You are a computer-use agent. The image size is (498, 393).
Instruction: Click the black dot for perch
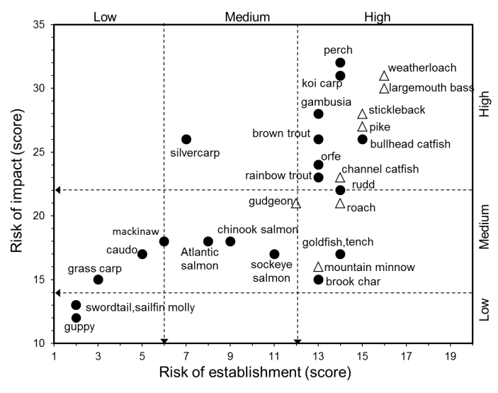340,63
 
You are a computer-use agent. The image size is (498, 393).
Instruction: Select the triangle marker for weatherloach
384,76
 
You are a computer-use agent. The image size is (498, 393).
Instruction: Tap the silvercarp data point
186,139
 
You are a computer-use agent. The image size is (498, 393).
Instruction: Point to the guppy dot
76,318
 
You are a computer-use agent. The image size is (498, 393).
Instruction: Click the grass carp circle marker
98,279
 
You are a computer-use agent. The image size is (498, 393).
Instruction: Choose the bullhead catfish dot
362,140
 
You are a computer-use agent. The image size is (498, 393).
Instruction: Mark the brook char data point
318,279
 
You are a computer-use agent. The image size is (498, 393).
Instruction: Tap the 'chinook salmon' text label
251,229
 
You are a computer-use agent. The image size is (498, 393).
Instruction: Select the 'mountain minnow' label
370,267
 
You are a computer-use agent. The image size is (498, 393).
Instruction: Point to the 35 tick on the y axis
39,26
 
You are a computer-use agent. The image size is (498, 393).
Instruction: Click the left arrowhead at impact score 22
59,189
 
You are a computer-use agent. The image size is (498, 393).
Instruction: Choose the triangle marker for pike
362,127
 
